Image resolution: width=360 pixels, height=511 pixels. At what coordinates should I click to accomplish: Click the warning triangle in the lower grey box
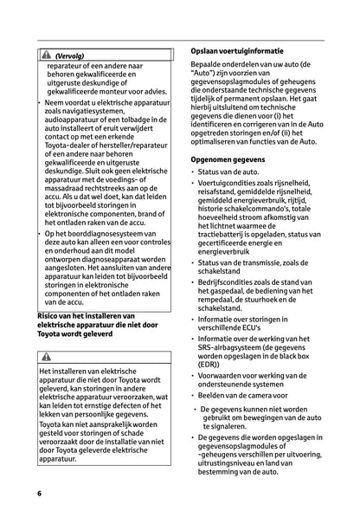point(45,356)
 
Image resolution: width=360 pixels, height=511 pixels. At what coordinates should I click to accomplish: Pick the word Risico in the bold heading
point(51,316)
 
